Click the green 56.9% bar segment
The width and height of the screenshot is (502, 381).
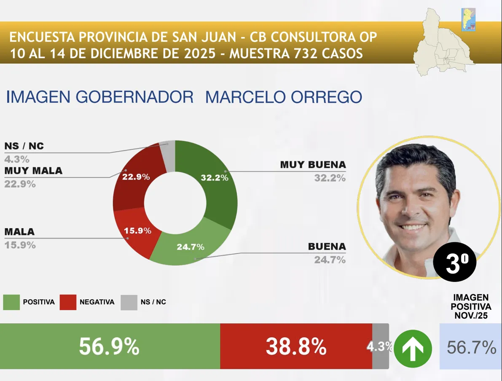[x=110, y=346]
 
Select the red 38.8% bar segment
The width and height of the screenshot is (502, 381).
[x=296, y=346]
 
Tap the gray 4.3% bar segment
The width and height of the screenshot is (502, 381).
[x=380, y=346]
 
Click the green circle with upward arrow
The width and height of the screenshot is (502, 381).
[x=413, y=349]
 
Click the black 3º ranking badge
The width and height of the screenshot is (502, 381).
[x=454, y=263]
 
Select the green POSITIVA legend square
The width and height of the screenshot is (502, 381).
[x=11, y=302]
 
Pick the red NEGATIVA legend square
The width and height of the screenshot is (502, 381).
[x=68, y=302]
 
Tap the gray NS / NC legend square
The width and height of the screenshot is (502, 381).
[x=129, y=302]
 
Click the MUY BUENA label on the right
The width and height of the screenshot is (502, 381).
[x=313, y=165]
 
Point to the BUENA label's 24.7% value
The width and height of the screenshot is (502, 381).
[x=330, y=260]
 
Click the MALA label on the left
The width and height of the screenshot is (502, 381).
[x=19, y=232]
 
